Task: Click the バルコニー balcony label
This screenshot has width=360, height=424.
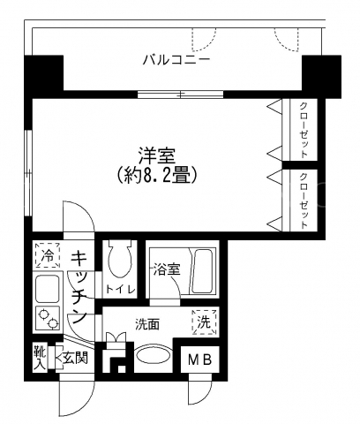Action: click(x=176, y=60)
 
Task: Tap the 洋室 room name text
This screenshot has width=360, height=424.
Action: click(x=157, y=156)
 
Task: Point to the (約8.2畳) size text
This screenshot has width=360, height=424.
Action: click(x=156, y=176)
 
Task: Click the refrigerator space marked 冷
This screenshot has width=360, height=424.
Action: click(x=48, y=255)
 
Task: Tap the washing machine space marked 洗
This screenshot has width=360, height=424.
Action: click(x=204, y=322)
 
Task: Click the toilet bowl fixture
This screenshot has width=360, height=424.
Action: click(x=120, y=259)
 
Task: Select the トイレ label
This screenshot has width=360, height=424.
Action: click(x=120, y=290)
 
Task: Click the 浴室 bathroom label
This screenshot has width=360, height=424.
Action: click(x=167, y=270)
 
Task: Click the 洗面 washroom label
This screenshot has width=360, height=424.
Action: click(x=147, y=324)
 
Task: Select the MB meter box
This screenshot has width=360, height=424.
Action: click(x=200, y=360)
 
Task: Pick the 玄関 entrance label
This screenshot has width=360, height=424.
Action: click(x=75, y=358)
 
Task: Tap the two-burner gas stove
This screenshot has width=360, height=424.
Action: click(x=48, y=318)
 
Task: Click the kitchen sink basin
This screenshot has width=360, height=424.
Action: click(x=48, y=289)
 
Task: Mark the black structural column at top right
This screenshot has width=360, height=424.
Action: click(x=321, y=77)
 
